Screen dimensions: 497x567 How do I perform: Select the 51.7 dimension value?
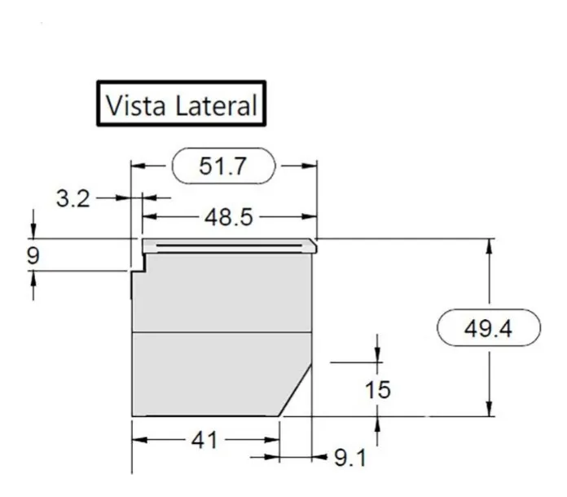pyautogui.click(x=223, y=166)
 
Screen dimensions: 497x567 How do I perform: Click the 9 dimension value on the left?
pyautogui.click(x=33, y=255)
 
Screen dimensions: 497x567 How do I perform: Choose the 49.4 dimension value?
pyautogui.click(x=489, y=329)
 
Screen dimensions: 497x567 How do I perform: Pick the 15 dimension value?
pyautogui.click(x=377, y=390)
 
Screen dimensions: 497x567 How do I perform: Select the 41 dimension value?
pyautogui.click(x=204, y=441)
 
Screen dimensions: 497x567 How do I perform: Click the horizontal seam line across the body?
pyautogui.click(x=222, y=332)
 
